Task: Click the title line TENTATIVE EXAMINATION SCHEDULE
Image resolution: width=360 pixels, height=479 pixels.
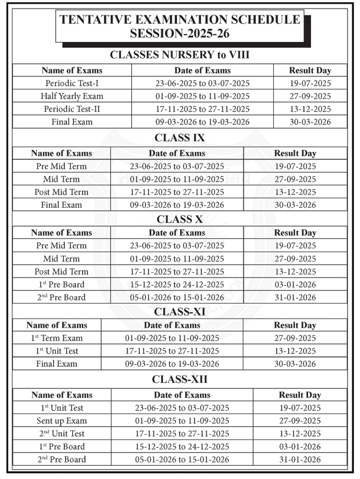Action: pyautogui.click(x=180, y=20)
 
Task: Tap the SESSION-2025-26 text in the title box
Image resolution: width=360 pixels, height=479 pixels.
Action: pyautogui.click(x=180, y=34)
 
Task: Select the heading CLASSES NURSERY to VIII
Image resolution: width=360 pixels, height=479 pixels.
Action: pyautogui.click(x=180, y=55)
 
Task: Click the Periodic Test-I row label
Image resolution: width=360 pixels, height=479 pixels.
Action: pyautogui.click(x=72, y=83)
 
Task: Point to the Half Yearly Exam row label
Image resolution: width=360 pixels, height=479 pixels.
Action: pyautogui.click(x=72, y=96)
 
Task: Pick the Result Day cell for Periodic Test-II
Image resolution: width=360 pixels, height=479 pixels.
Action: pyautogui.click(x=310, y=109)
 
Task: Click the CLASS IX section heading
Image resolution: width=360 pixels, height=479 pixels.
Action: pyautogui.click(x=180, y=138)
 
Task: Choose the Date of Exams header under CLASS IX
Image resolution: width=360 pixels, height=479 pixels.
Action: pyautogui.click(x=177, y=153)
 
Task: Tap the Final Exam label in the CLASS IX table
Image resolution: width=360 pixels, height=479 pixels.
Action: pyautogui.click(x=61, y=205)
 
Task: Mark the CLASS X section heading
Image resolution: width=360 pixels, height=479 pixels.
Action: pyautogui.click(x=180, y=219)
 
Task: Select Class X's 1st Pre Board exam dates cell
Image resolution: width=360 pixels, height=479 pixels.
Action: pyautogui.click(x=177, y=284)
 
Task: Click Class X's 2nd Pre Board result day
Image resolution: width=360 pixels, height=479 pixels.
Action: pyautogui.click(x=295, y=298)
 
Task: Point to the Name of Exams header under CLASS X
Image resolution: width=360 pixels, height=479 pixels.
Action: pyautogui.click(x=61, y=232)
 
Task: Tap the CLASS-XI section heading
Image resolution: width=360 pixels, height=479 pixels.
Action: pyautogui.click(x=180, y=312)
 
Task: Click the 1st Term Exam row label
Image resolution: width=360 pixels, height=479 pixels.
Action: pyautogui.click(x=57, y=338)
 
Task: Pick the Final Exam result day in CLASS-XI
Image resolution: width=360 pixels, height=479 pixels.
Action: pyautogui.click(x=295, y=364)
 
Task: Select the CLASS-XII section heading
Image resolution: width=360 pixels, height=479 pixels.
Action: pyautogui.click(x=180, y=379)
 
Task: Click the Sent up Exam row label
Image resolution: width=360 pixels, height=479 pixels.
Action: pyautogui.click(x=62, y=421)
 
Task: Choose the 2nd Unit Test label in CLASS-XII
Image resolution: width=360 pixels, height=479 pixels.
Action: pyautogui.click(x=62, y=434)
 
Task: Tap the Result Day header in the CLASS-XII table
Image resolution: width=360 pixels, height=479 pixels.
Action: pyautogui.click(x=300, y=395)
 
